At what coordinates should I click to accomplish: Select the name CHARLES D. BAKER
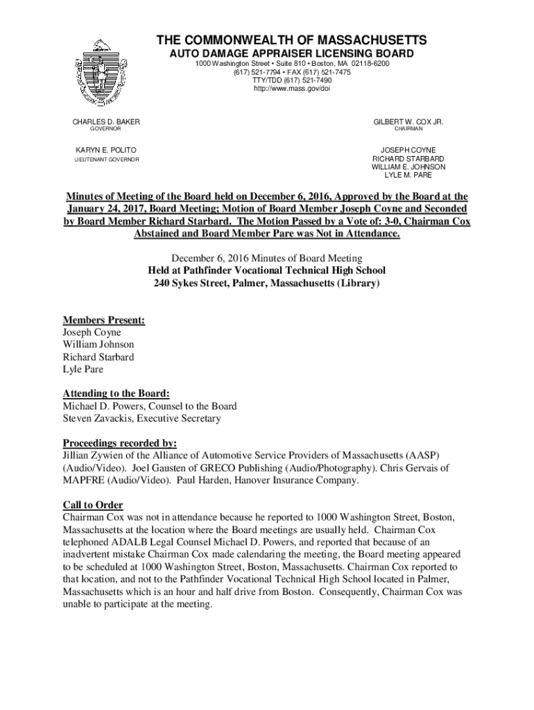pyautogui.click(x=106, y=122)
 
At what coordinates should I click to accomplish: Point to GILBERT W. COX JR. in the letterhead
pyautogui.click(x=408, y=122)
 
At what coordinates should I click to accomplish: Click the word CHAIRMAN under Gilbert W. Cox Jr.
pyautogui.click(x=408, y=130)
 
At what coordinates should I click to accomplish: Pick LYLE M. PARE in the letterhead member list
pyautogui.click(x=408, y=175)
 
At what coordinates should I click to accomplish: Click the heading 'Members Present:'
pyautogui.click(x=104, y=320)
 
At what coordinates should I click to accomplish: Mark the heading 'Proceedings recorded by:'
pyautogui.click(x=120, y=442)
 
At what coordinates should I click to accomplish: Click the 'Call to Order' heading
pyautogui.click(x=93, y=505)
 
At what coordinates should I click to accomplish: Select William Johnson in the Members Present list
pyautogui.click(x=98, y=345)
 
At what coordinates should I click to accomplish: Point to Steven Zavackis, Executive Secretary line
pyautogui.click(x=141, y=418)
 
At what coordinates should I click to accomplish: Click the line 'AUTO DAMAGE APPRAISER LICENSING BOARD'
pyautogui.click(x=292, y=53)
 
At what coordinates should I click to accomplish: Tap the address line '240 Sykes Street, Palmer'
pyautogui.click(x=267, y=284)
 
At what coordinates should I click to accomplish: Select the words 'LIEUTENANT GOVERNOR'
pyautogui.click(x=106, y=159)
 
